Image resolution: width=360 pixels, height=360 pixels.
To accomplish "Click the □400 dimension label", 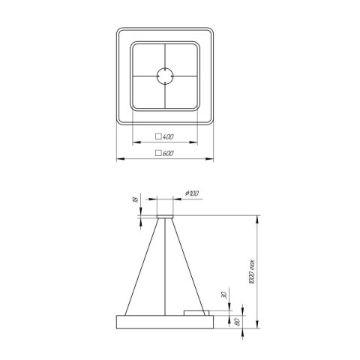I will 164,138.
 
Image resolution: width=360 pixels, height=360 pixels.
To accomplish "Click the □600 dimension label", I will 164,154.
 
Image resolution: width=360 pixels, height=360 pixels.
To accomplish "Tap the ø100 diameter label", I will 191,195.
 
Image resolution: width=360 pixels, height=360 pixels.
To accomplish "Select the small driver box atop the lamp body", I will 196,312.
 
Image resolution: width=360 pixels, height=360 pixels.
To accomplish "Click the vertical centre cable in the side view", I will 164,266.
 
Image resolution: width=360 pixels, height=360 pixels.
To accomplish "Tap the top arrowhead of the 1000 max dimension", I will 259,217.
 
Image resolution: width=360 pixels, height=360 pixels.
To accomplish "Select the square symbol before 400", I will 157,138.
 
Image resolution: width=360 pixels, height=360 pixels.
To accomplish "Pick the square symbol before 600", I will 157,154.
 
